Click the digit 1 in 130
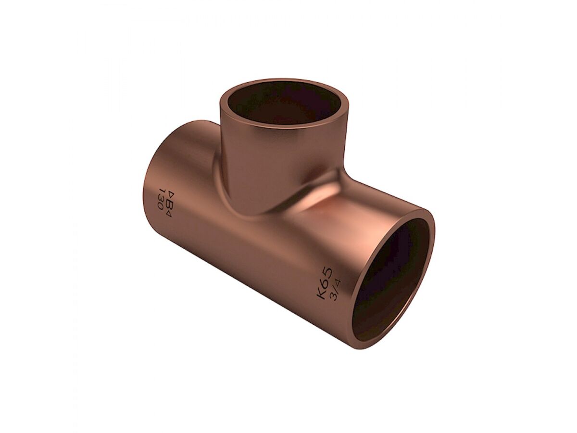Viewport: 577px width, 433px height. (162, 191)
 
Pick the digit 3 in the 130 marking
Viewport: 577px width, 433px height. (161, 199)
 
